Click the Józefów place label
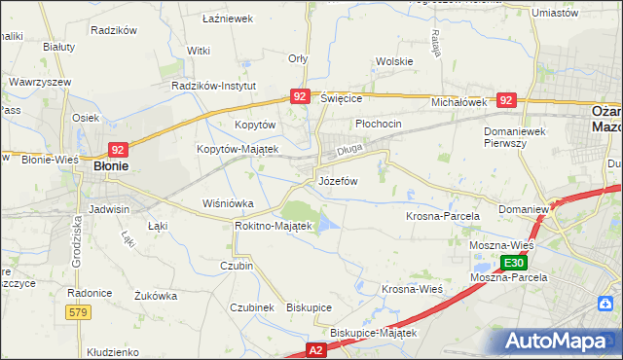[x=338, y=181]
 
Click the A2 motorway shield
[x=315, y=347]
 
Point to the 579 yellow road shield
[x=80, y=311]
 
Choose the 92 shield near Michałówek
[x=505, y=100]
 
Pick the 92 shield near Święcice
[x=300, y=96]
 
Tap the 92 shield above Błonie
[x=117, y=150]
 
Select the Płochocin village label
[x=379, y=125]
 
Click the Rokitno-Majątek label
[x=273, y=226]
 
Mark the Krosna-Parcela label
[x=442, y=215]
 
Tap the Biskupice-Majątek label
[x=373, y=333]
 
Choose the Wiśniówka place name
[x=227, y=203]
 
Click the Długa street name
[x=349, y=151]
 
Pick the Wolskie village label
[x=394, y=61]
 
